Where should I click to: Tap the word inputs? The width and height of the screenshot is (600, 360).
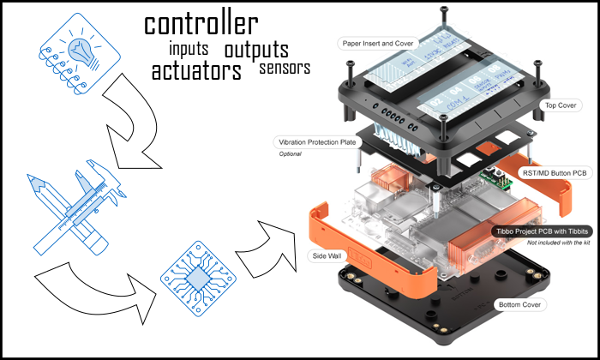189,48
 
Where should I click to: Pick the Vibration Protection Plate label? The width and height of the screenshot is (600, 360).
315,141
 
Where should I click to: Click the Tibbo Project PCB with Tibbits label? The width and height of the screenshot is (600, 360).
539,232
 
